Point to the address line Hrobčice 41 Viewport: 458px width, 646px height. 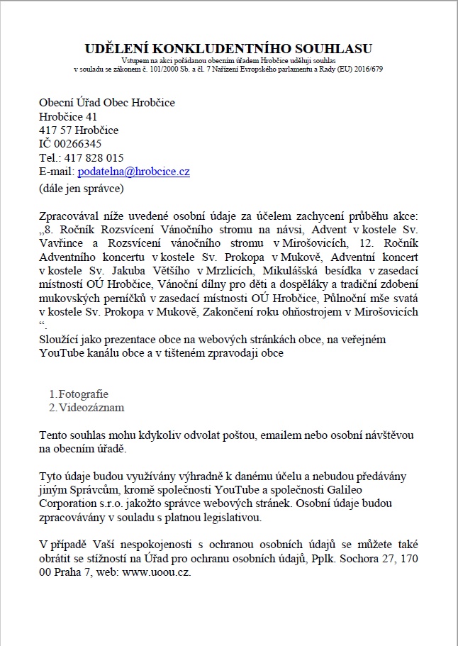point(68,116)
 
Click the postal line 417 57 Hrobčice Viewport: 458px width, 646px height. point(79,130)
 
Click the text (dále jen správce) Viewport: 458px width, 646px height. point(82,189)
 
